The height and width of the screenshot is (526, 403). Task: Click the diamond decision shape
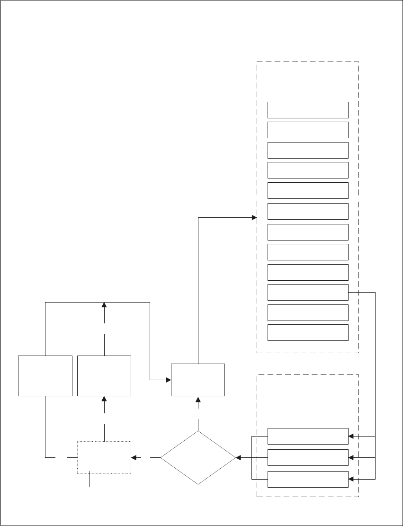198,457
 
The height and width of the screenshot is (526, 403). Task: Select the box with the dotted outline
104,457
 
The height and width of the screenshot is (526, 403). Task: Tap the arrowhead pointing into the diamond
238,458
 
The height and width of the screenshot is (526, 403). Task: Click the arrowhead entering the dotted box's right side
134,458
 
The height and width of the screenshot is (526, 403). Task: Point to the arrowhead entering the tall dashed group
254,218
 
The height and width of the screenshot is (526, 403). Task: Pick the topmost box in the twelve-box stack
308,109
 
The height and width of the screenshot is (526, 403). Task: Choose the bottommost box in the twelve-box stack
308,332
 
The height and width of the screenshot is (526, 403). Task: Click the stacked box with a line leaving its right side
308,292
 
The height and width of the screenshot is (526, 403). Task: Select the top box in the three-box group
308,436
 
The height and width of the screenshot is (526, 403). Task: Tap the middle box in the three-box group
308,458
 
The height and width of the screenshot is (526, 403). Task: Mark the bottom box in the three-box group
308,479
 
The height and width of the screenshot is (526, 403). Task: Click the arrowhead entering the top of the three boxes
351,436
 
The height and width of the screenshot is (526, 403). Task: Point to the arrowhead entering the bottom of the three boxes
351,479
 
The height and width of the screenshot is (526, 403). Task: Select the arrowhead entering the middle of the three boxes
351,458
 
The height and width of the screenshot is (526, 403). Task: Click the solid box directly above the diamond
198,380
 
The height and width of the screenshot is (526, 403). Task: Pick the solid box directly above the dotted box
104,375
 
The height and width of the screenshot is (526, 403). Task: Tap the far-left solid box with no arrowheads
45,375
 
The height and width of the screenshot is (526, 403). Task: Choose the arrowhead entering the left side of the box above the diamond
168,380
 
